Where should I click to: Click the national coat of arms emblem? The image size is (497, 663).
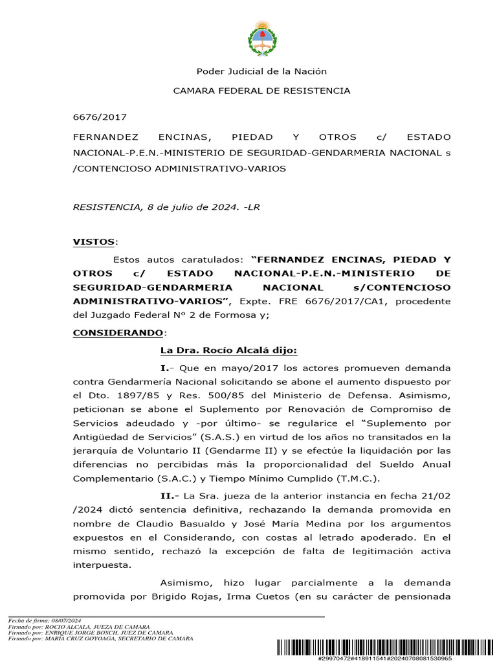click(x=262, y=38)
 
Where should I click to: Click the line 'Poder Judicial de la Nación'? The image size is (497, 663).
click(x=261, y=71)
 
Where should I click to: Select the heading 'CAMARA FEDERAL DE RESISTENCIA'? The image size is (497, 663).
click(x=261, y=91)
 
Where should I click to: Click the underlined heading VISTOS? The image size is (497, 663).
click(x=94, y=242)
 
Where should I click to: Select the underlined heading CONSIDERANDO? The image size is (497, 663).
click(x=118, y=332)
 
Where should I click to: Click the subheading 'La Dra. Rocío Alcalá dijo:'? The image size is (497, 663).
click(x=228, y=350)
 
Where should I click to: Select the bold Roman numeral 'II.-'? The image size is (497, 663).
click(x=171, y=495)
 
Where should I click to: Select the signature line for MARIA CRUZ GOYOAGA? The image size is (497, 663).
click(x=100, y=639)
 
